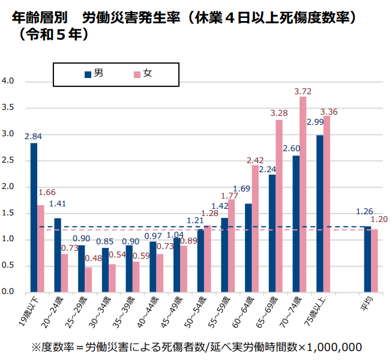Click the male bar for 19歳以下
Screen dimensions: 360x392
tap(34, 217)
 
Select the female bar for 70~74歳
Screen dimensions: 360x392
tap(303, 194)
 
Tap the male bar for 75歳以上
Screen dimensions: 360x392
tap(320, 214)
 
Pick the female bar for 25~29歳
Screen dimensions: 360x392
tap(88, 280)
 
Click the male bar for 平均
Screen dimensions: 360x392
tap(367, 259)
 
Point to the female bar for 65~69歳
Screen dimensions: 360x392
tap(279, 206)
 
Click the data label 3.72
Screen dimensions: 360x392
tap(303, 92)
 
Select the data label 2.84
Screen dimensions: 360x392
tap(33, 136)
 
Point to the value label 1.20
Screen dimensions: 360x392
tap(381, 220)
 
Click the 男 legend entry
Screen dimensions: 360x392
tap(94, 74)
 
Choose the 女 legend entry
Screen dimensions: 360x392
tap(142, 74)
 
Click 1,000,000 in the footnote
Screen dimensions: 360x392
tap(334, 347)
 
